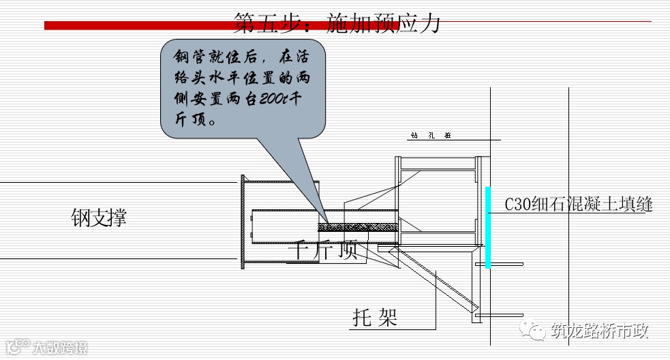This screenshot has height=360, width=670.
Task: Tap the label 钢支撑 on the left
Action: [99, 218]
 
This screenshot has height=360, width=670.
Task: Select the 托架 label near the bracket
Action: [375, 318]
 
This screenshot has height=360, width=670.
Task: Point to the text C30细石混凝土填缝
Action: [579, 205]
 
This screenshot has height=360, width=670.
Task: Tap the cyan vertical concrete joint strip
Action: [487, 227]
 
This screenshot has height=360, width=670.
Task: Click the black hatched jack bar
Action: [358, 226]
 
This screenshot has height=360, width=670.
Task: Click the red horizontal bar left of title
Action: [136, 25]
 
